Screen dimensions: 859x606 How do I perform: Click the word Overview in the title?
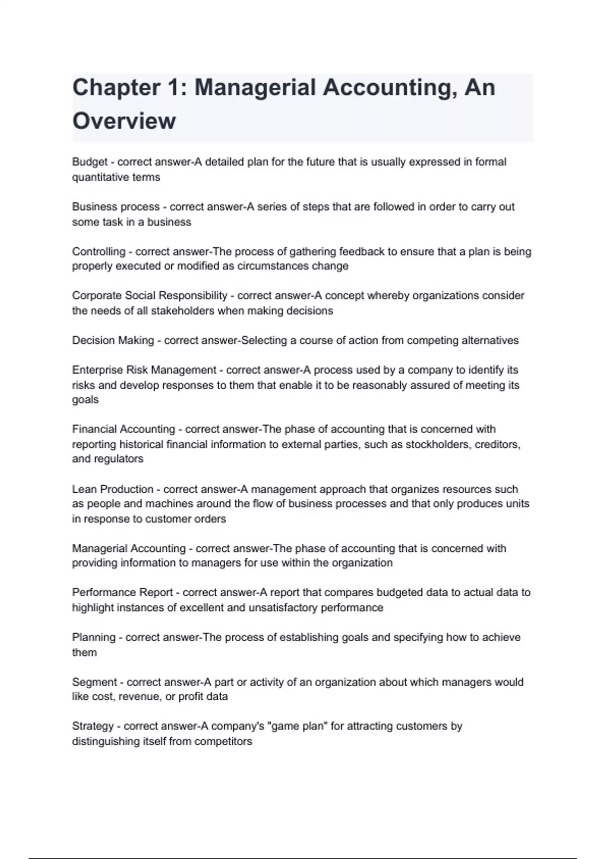[x=124, y=121]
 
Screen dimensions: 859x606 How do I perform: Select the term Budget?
[x=90, y=162]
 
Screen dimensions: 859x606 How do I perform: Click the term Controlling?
[x=98, y=252]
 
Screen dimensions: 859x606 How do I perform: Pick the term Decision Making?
[x=113, y=341]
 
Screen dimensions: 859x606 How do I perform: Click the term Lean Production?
[x=113, y=489]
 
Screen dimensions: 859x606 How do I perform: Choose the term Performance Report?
[x=123, y=593]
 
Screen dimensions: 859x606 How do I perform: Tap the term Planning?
[x=93, y=638]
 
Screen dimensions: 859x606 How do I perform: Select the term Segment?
[x=94, y=682]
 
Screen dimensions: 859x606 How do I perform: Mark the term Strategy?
[x=92, y=727]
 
